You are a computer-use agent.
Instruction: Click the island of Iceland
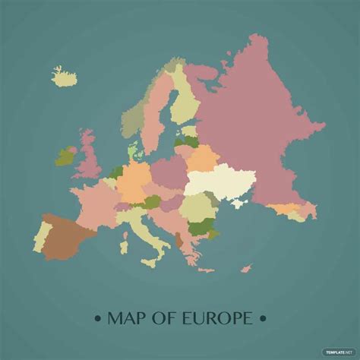[65, 76]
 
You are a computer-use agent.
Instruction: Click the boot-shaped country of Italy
[144, 232]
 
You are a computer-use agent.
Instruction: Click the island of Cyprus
[246, 267]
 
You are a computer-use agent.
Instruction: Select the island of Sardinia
[124, 244]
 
